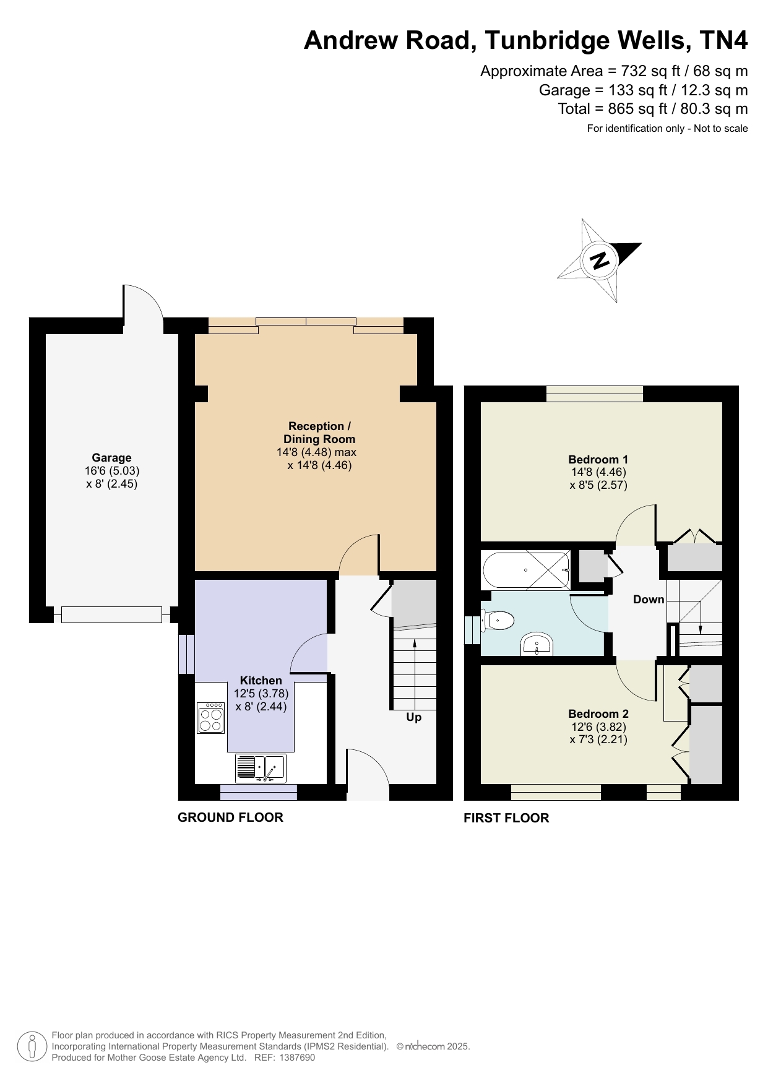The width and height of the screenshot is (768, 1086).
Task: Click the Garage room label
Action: point(111,458)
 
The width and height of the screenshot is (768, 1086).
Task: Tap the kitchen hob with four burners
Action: point(210,718)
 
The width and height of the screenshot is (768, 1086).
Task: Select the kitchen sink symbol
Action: point(261,769)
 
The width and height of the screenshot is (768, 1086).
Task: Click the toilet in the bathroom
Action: point(498,620)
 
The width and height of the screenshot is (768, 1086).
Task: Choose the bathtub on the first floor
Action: point(526,570)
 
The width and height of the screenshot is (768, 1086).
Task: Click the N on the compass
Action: point(599,260)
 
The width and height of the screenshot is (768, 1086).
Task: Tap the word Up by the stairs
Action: point(413,717)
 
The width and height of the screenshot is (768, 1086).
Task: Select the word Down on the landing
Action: point(649,599)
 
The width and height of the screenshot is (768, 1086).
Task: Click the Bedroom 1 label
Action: point(598,459)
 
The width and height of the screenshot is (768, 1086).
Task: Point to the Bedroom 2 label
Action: point(598,713)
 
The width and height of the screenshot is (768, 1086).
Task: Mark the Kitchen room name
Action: point(261,680)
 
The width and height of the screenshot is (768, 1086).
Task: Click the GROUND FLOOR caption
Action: point(230,817)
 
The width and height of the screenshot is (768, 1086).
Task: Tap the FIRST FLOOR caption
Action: point(506,818)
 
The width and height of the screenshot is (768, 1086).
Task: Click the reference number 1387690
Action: point(298,1058)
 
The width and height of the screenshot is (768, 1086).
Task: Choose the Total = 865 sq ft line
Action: point(653,109)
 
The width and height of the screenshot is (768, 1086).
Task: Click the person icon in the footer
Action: point(32,1046)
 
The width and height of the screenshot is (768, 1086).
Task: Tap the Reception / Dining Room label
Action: point(319,433)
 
